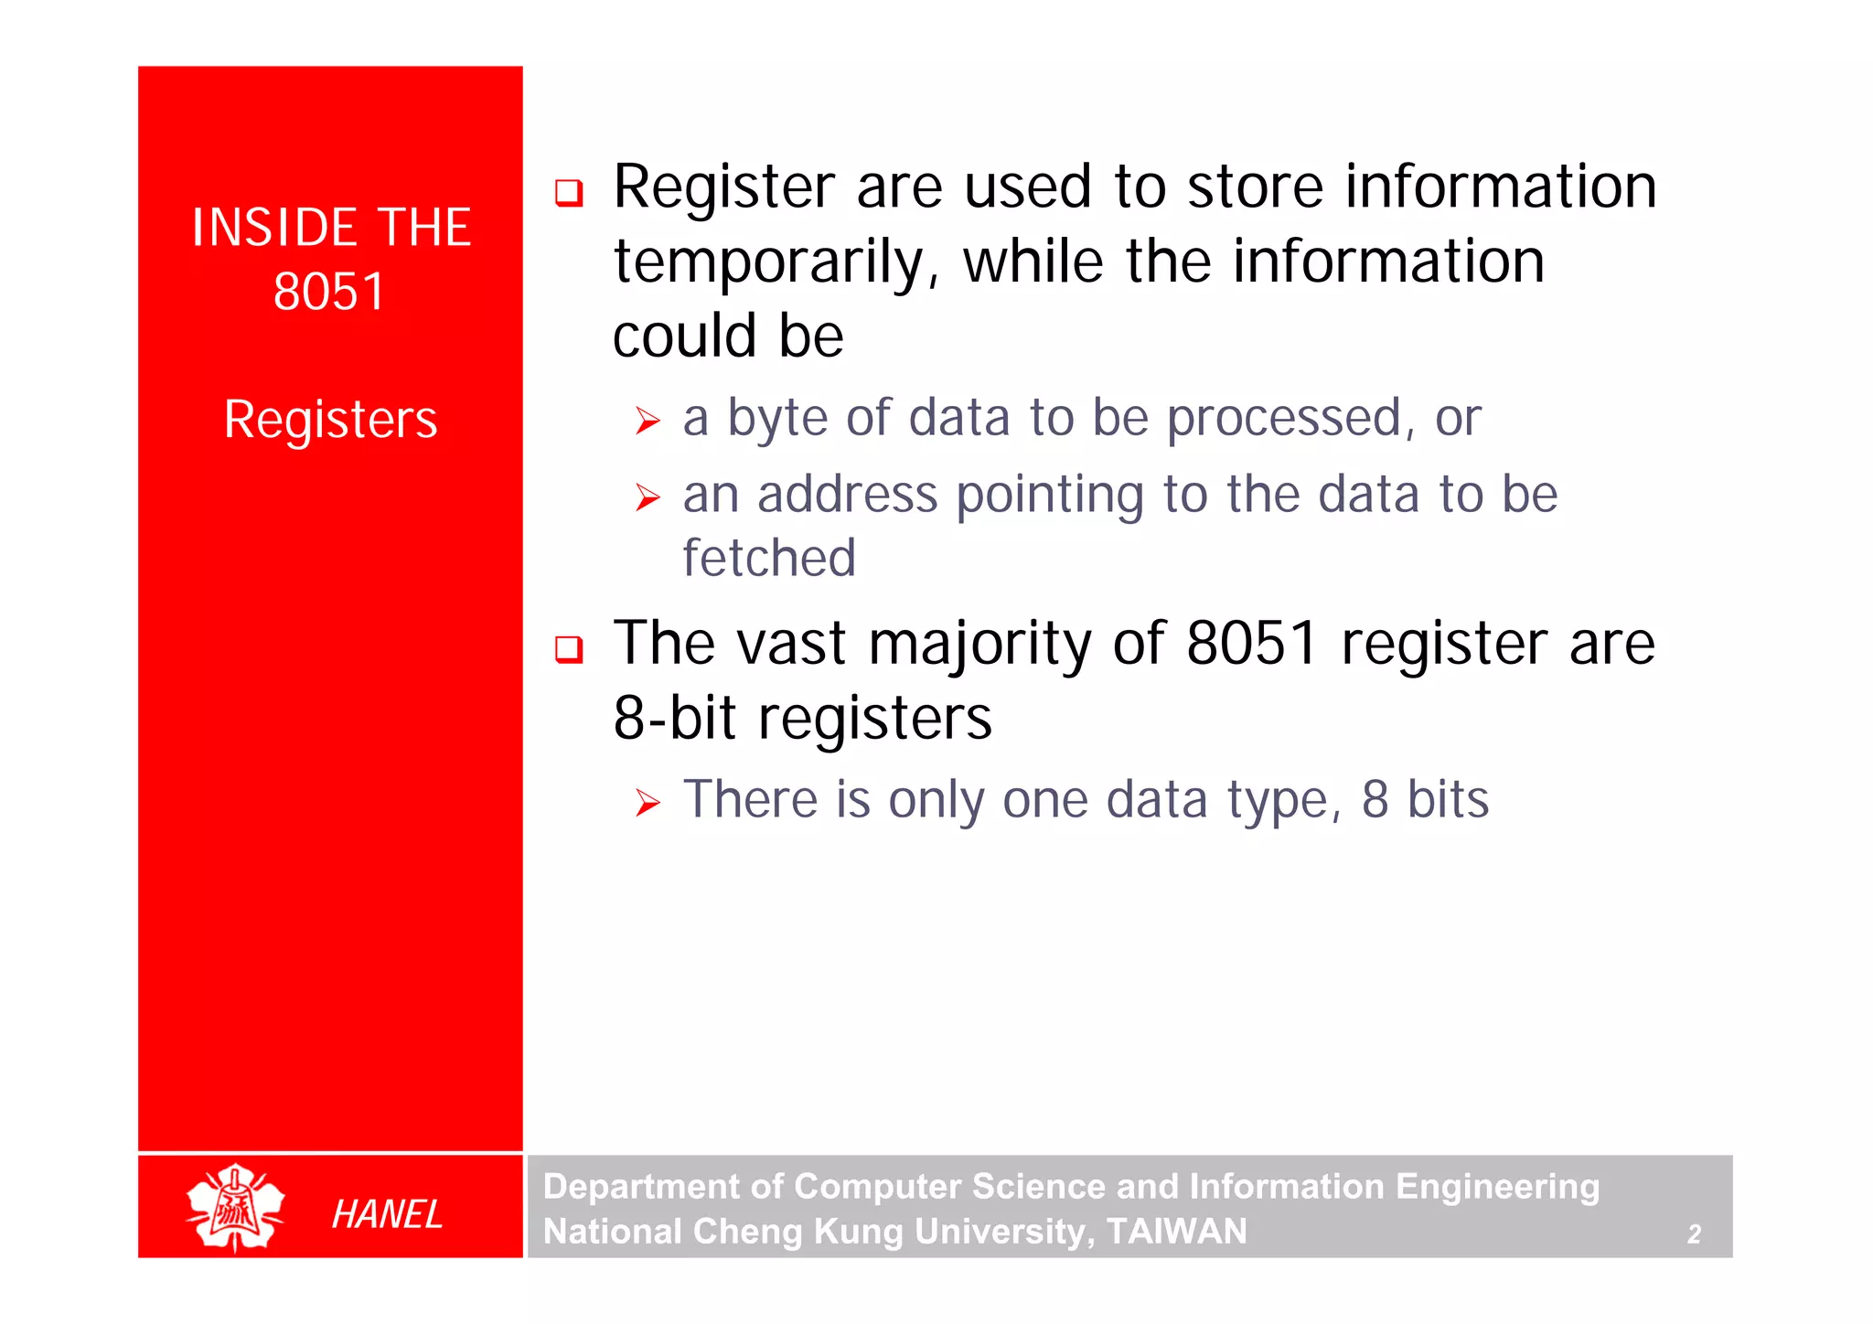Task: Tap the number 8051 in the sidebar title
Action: tap(329, 292)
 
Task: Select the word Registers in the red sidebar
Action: tap(330, 420)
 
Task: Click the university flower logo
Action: tap(235, 1207)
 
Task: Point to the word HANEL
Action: tap(387, 1214)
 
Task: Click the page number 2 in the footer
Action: tap(1694, 1234)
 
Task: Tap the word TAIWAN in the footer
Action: tap(1176, 1232)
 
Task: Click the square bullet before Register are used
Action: tap(569, 193)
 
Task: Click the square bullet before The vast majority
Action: tap(569, 649)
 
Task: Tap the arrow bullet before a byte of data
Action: tap(648, 422)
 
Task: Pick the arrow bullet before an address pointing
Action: tap(648, 498)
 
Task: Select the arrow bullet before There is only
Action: tap(648, 804)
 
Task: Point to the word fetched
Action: tap(768, 558)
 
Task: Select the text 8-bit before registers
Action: tap(674, 718)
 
